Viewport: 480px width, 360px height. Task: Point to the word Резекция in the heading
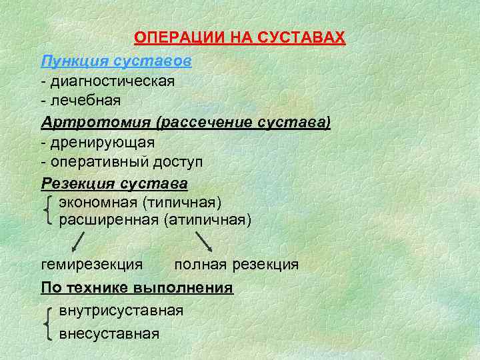point(73,183)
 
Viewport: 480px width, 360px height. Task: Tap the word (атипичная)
point(207,219)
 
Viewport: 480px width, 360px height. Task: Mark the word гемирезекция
point(91,265)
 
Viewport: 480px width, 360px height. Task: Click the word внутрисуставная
point(121,311)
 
